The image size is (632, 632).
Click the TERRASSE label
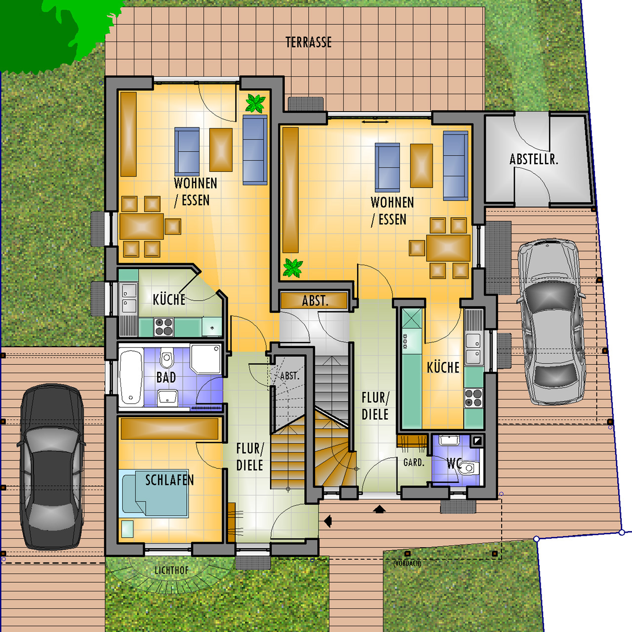pos(308,42)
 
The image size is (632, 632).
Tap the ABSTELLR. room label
pos(534,159)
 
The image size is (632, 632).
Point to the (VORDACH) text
pos(407,563)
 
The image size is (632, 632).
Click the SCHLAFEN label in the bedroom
pos(169,480)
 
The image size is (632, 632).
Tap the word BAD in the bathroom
pos(166,377)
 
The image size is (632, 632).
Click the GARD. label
pos(414,463)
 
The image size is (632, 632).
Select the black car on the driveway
pos(52,470)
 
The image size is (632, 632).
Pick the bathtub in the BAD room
pos(131,377)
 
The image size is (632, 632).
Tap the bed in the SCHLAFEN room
pos(154,494)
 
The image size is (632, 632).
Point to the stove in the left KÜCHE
pos(163,327)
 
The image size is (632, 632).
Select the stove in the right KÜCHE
pos(474,398)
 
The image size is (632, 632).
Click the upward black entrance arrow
pos(380,509)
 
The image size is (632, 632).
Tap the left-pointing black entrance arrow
pos(328,520)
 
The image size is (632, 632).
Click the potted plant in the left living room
pos(255,103)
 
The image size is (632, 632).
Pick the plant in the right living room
pos(293,268)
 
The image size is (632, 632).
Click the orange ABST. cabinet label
pos(315,300)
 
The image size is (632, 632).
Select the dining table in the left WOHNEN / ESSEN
pos(141,226)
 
